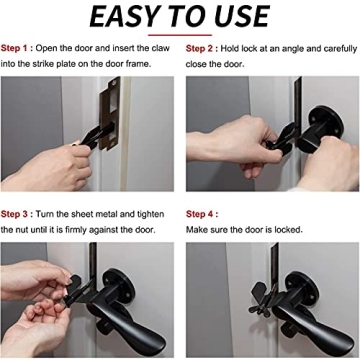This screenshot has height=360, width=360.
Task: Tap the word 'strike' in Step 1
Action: click(x=48, y=62)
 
